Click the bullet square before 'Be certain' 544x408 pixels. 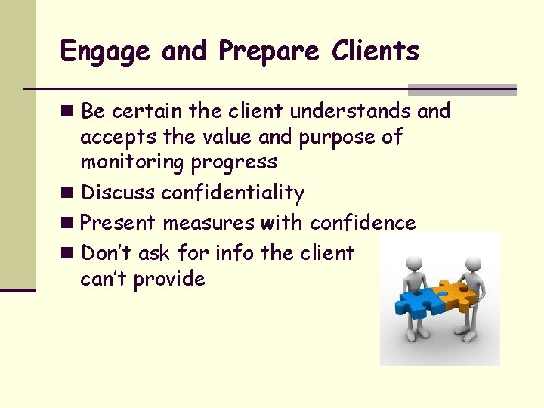pyautogui.click(x=69, y=111)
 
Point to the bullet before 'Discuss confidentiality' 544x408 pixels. pyautogui.click(x=69, y=193)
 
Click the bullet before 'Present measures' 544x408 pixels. pyautogui.click(x=69, y=223)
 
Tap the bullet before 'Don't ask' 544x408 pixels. pyautogui.click(x=69, y=252)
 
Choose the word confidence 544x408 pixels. pyautogui.click(x=363, y=223)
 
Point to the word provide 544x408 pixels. pyautogui.click(x=169, y=280)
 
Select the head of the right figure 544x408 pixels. pyautogui.click(x=473, y=264)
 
